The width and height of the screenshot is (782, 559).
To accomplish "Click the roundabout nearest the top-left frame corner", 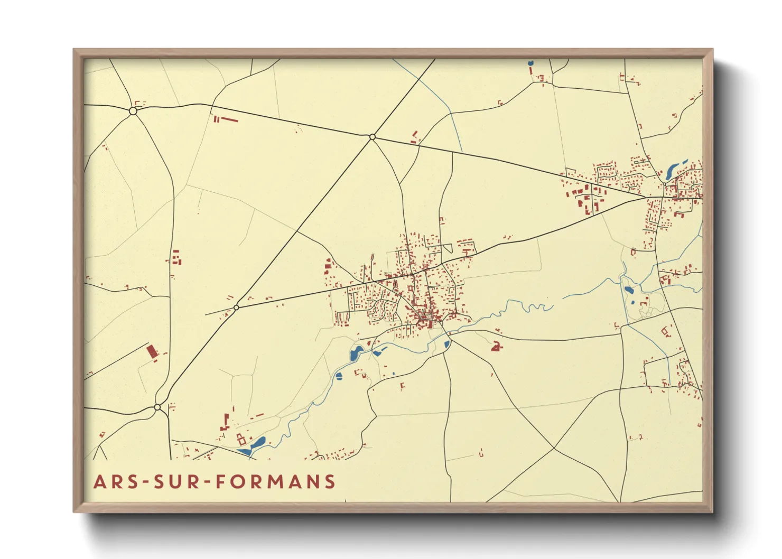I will pos(133,111).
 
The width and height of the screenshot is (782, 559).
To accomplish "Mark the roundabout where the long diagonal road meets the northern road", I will pos(373,137).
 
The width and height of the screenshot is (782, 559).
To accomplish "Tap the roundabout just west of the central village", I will pos(236,308).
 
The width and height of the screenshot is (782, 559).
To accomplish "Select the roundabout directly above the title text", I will pos(157,407).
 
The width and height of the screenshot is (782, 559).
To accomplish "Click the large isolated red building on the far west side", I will pos(152,351).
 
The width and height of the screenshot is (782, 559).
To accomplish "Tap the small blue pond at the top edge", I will pos(530,63).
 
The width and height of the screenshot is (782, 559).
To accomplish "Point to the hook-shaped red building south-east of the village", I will pos(496,347).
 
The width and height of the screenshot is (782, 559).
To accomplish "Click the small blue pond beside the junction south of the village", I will pos(447,345).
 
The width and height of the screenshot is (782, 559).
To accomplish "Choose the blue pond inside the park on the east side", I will pos(629,290).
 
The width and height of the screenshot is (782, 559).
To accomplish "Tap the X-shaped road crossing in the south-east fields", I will pos(554,449).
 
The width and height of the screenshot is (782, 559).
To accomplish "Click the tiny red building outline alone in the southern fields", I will pos(481,453).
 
